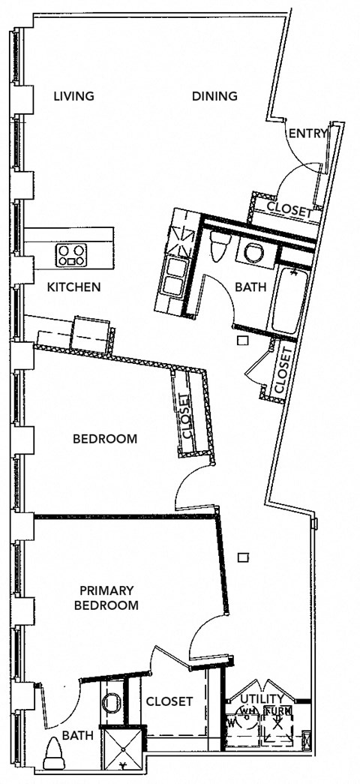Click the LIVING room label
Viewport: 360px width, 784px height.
click(73, 96)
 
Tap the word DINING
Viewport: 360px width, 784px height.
click(214, 96)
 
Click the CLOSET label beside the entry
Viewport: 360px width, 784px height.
click(289, 212)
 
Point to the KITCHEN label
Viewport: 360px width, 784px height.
click(73, 287)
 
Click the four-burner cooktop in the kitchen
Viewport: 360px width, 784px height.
click(72, 255)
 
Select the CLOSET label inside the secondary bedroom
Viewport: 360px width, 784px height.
click(186, 417)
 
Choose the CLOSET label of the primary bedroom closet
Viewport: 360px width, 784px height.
click(169, 701)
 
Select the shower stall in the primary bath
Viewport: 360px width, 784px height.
click(122, 751)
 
